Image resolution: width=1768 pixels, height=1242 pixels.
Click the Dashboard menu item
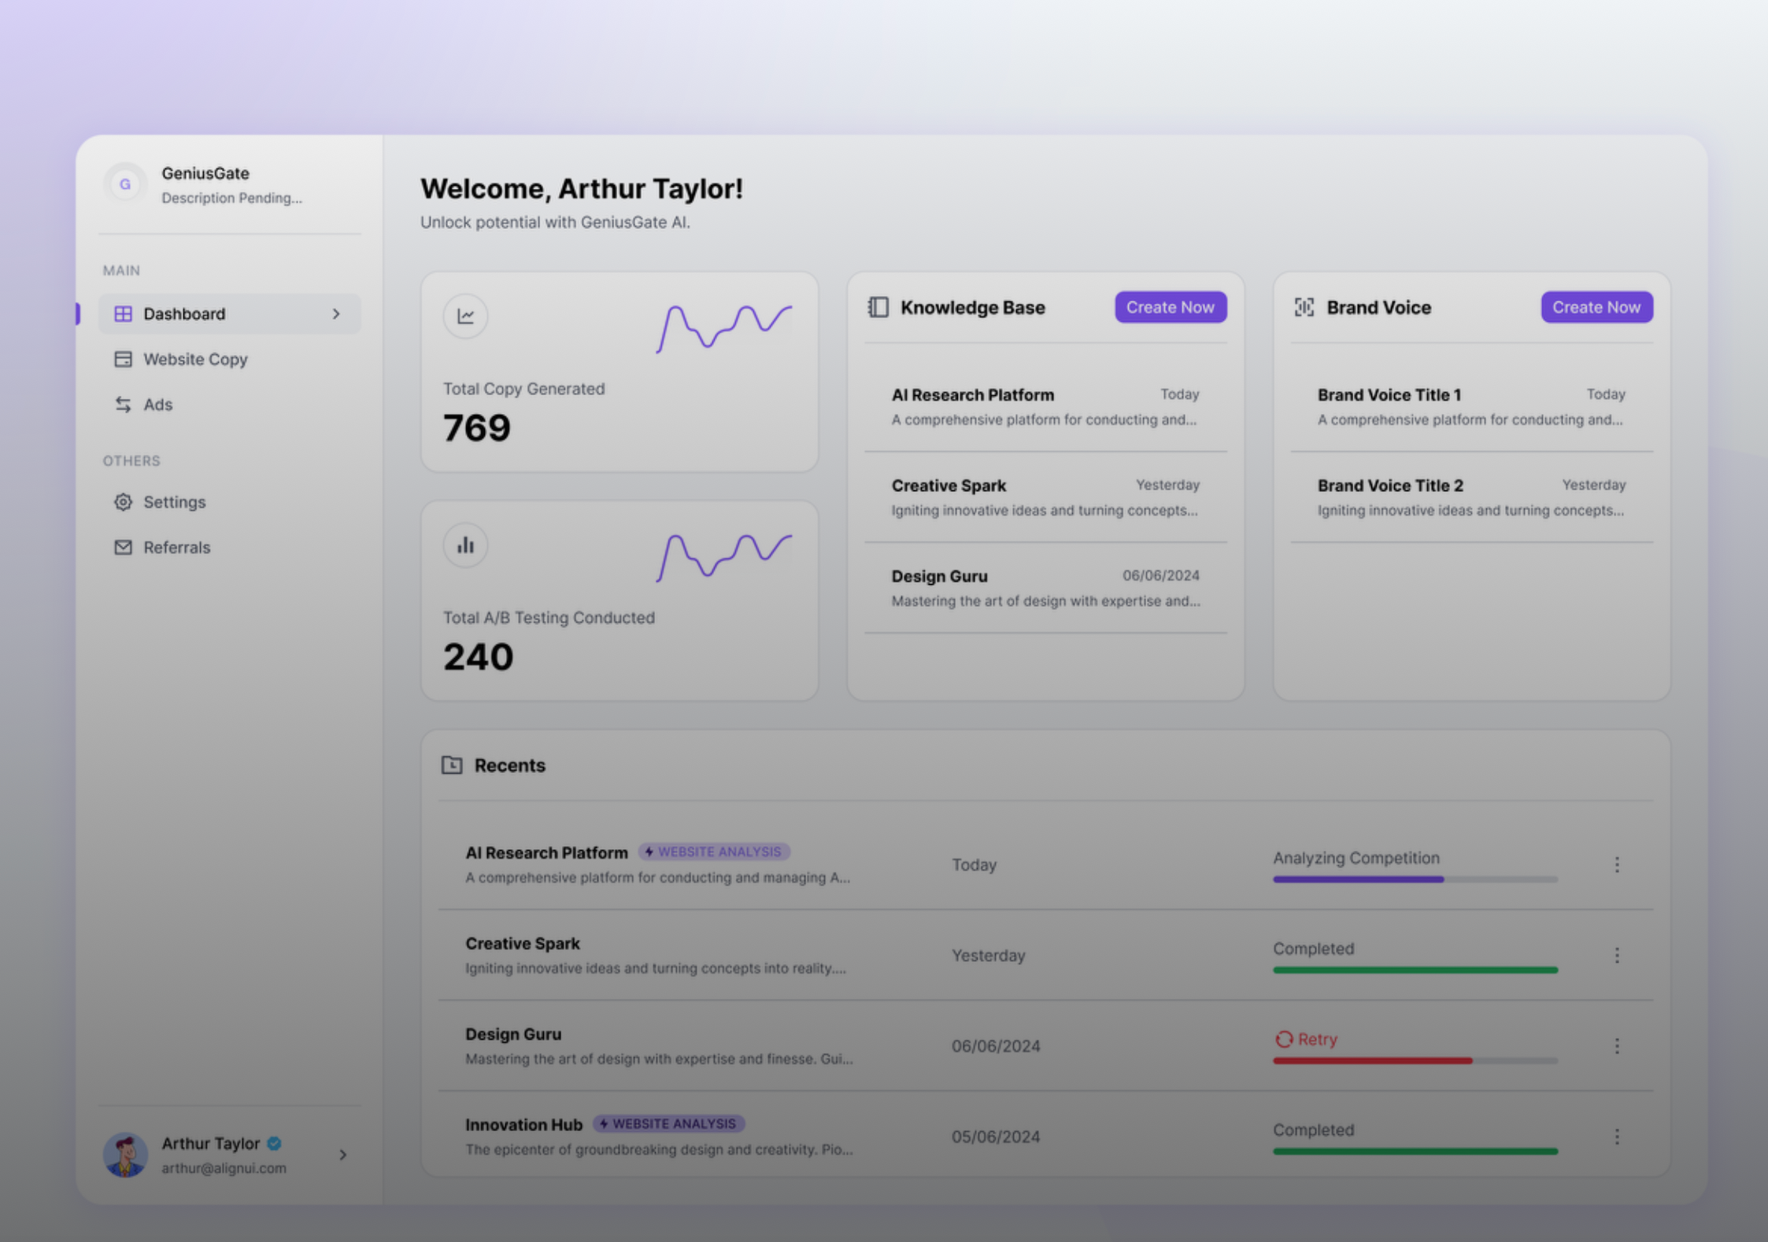[229, 314]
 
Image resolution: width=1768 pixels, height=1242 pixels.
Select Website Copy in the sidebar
[195, 360]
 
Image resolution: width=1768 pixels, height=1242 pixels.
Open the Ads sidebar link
[157, 405]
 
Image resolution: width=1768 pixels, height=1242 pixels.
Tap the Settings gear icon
[123, 502]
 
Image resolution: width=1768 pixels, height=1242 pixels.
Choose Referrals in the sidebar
[176, 548]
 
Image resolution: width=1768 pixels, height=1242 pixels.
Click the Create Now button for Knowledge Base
[1171, 308]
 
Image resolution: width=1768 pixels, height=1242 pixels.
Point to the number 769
[477, 428]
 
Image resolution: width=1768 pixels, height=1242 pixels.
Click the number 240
[478, 657]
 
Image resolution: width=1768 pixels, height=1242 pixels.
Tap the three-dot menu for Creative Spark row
[1617, 956]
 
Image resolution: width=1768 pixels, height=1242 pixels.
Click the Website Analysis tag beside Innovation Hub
[669, 1124]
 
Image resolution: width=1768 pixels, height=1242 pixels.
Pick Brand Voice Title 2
[1390, 486]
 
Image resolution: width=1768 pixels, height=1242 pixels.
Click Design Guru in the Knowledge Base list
[939, 576]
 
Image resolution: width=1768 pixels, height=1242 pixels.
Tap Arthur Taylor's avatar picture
[125, 1155]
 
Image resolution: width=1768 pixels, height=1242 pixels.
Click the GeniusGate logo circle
[124, 184]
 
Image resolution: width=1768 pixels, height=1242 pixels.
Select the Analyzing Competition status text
[1356, 858]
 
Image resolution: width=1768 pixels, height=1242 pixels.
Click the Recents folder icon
[452, 765]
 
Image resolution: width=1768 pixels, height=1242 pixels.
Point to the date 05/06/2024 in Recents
[996, 1137]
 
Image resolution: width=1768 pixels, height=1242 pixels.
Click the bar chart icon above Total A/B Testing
[465, 545]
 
